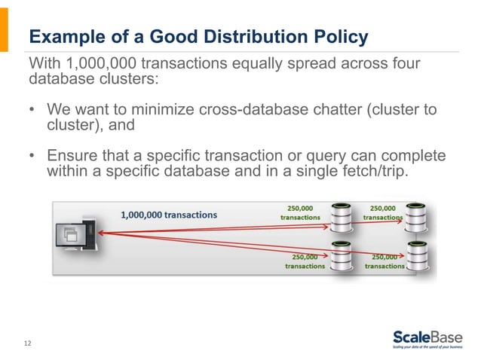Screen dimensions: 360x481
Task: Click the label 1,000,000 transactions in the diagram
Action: (169, 215)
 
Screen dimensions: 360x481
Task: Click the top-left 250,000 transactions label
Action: (301, 212)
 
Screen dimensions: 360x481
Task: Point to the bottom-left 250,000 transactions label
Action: (305, 261)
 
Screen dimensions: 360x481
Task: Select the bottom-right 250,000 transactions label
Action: (384, 261)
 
